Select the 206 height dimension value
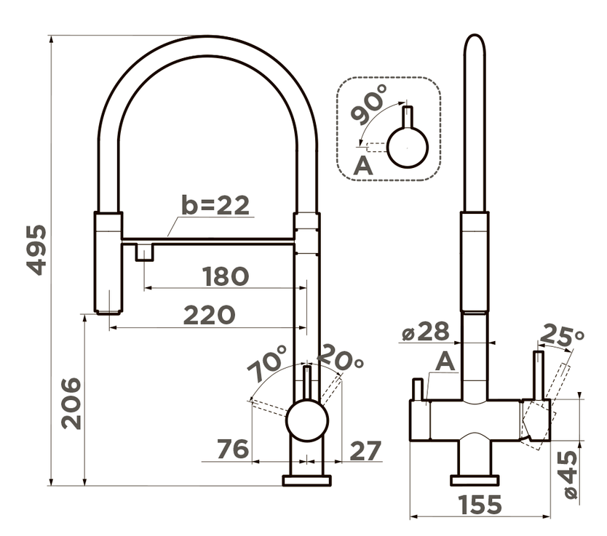(x=71, y=403)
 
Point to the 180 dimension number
(x=226, y=276)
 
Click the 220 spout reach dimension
(x=209, y=315)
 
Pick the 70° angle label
(x=267, y=363)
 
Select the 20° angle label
(x=341, y=358)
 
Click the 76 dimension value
(x=233, y=449)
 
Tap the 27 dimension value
(x=365, y=450)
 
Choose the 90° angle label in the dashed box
(x=368, y=104)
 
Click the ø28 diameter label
(x=426, y=331)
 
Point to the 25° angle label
(x=561, y=335)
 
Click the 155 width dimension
(x=480, y=504)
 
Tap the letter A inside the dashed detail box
(x=362, y=166)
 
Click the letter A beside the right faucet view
(x=445, y=362)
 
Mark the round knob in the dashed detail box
(x=408, y=148)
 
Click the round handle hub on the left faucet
(x=307, y=421)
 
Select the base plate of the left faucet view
(x=307, y=480)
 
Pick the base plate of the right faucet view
(x=475, y=480)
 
